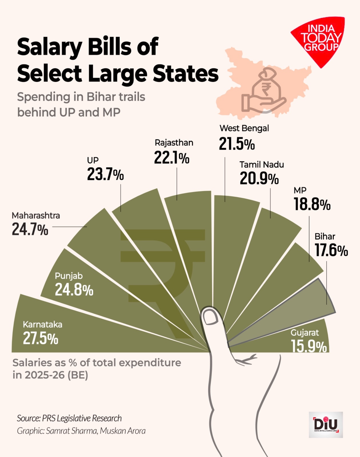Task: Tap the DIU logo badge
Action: [x=326, y=425]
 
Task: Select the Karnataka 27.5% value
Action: [x=41, y=338]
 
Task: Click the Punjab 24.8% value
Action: [x=74, y=290]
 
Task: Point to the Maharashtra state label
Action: [x=36, y=215]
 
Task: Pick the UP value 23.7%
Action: [x=105, y=174]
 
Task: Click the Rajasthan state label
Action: [x=174, y=143]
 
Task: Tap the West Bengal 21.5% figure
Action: [x=237, y=143]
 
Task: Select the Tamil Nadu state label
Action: [x=261, y=165]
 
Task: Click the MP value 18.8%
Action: [x=312, y=205]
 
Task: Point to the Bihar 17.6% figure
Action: [x=331, y=250]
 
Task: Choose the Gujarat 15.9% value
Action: [x=309, y=346]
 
